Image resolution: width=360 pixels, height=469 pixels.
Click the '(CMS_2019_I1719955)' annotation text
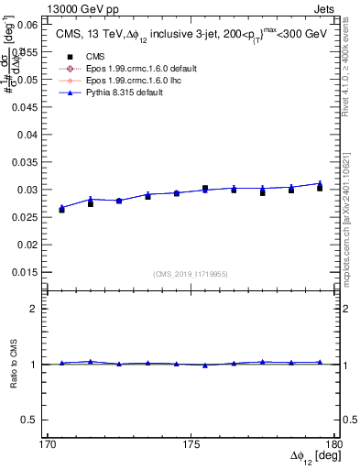tap(191, 273)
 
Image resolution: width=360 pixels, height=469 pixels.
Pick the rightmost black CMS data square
tap(320, 188)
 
